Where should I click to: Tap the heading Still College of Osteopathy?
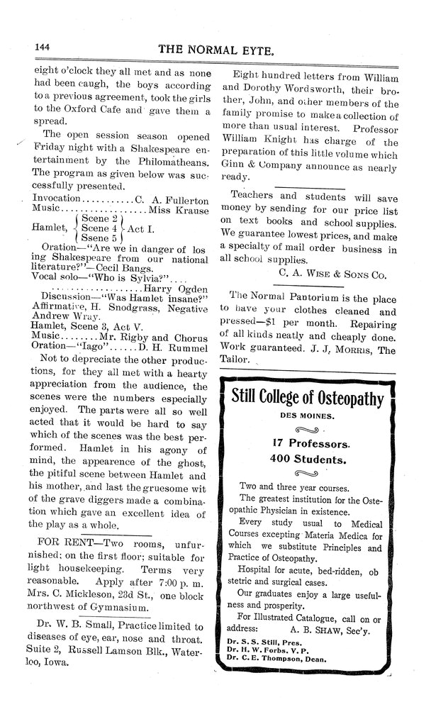point(307,397)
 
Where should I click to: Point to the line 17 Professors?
point(307,444)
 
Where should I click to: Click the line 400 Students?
point(307,460)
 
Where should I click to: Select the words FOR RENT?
point(57,541)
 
